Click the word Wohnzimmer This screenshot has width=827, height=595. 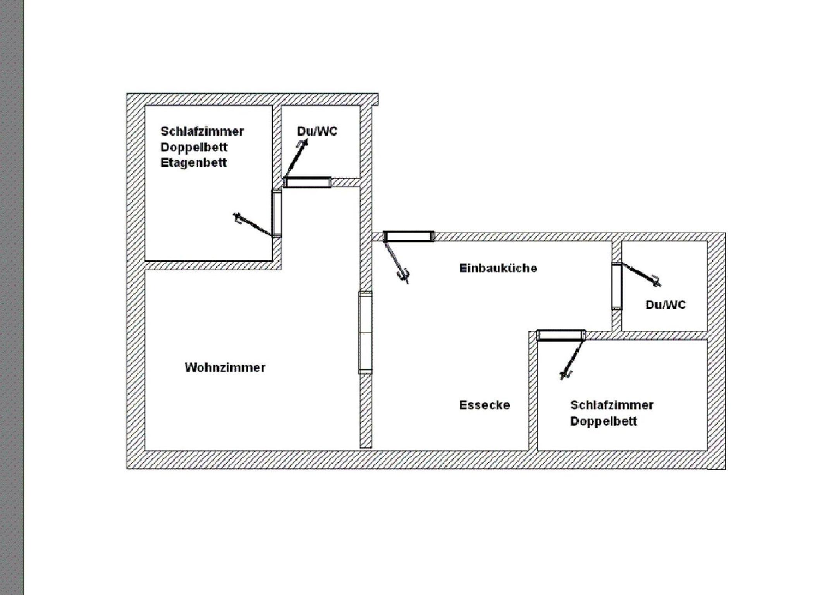click(225, 367)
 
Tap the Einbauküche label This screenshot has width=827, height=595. click(498, 268)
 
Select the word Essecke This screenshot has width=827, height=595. click(485, 405)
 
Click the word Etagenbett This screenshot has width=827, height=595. click(194, 163)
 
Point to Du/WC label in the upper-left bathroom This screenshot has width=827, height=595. click(317, 131)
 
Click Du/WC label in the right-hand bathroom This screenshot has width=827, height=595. click(665, 305)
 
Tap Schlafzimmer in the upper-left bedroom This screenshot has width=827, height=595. click(202, 131)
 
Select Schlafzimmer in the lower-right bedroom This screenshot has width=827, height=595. click(612, 405)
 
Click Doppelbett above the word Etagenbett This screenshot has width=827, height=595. click(194, 147)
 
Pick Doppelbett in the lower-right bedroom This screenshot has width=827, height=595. click(603, 421)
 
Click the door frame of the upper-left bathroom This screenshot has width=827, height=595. click(307, 182)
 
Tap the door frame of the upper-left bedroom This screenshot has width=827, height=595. click(277, 213)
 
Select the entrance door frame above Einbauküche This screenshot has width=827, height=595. click(409, 236)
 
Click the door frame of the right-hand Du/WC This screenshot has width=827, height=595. click(617, 286)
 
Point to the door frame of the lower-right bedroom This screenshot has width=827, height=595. click(561, 335)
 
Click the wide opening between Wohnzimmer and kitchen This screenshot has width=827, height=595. click(365, 333)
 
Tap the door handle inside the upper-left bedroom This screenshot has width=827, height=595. click(237, 218)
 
